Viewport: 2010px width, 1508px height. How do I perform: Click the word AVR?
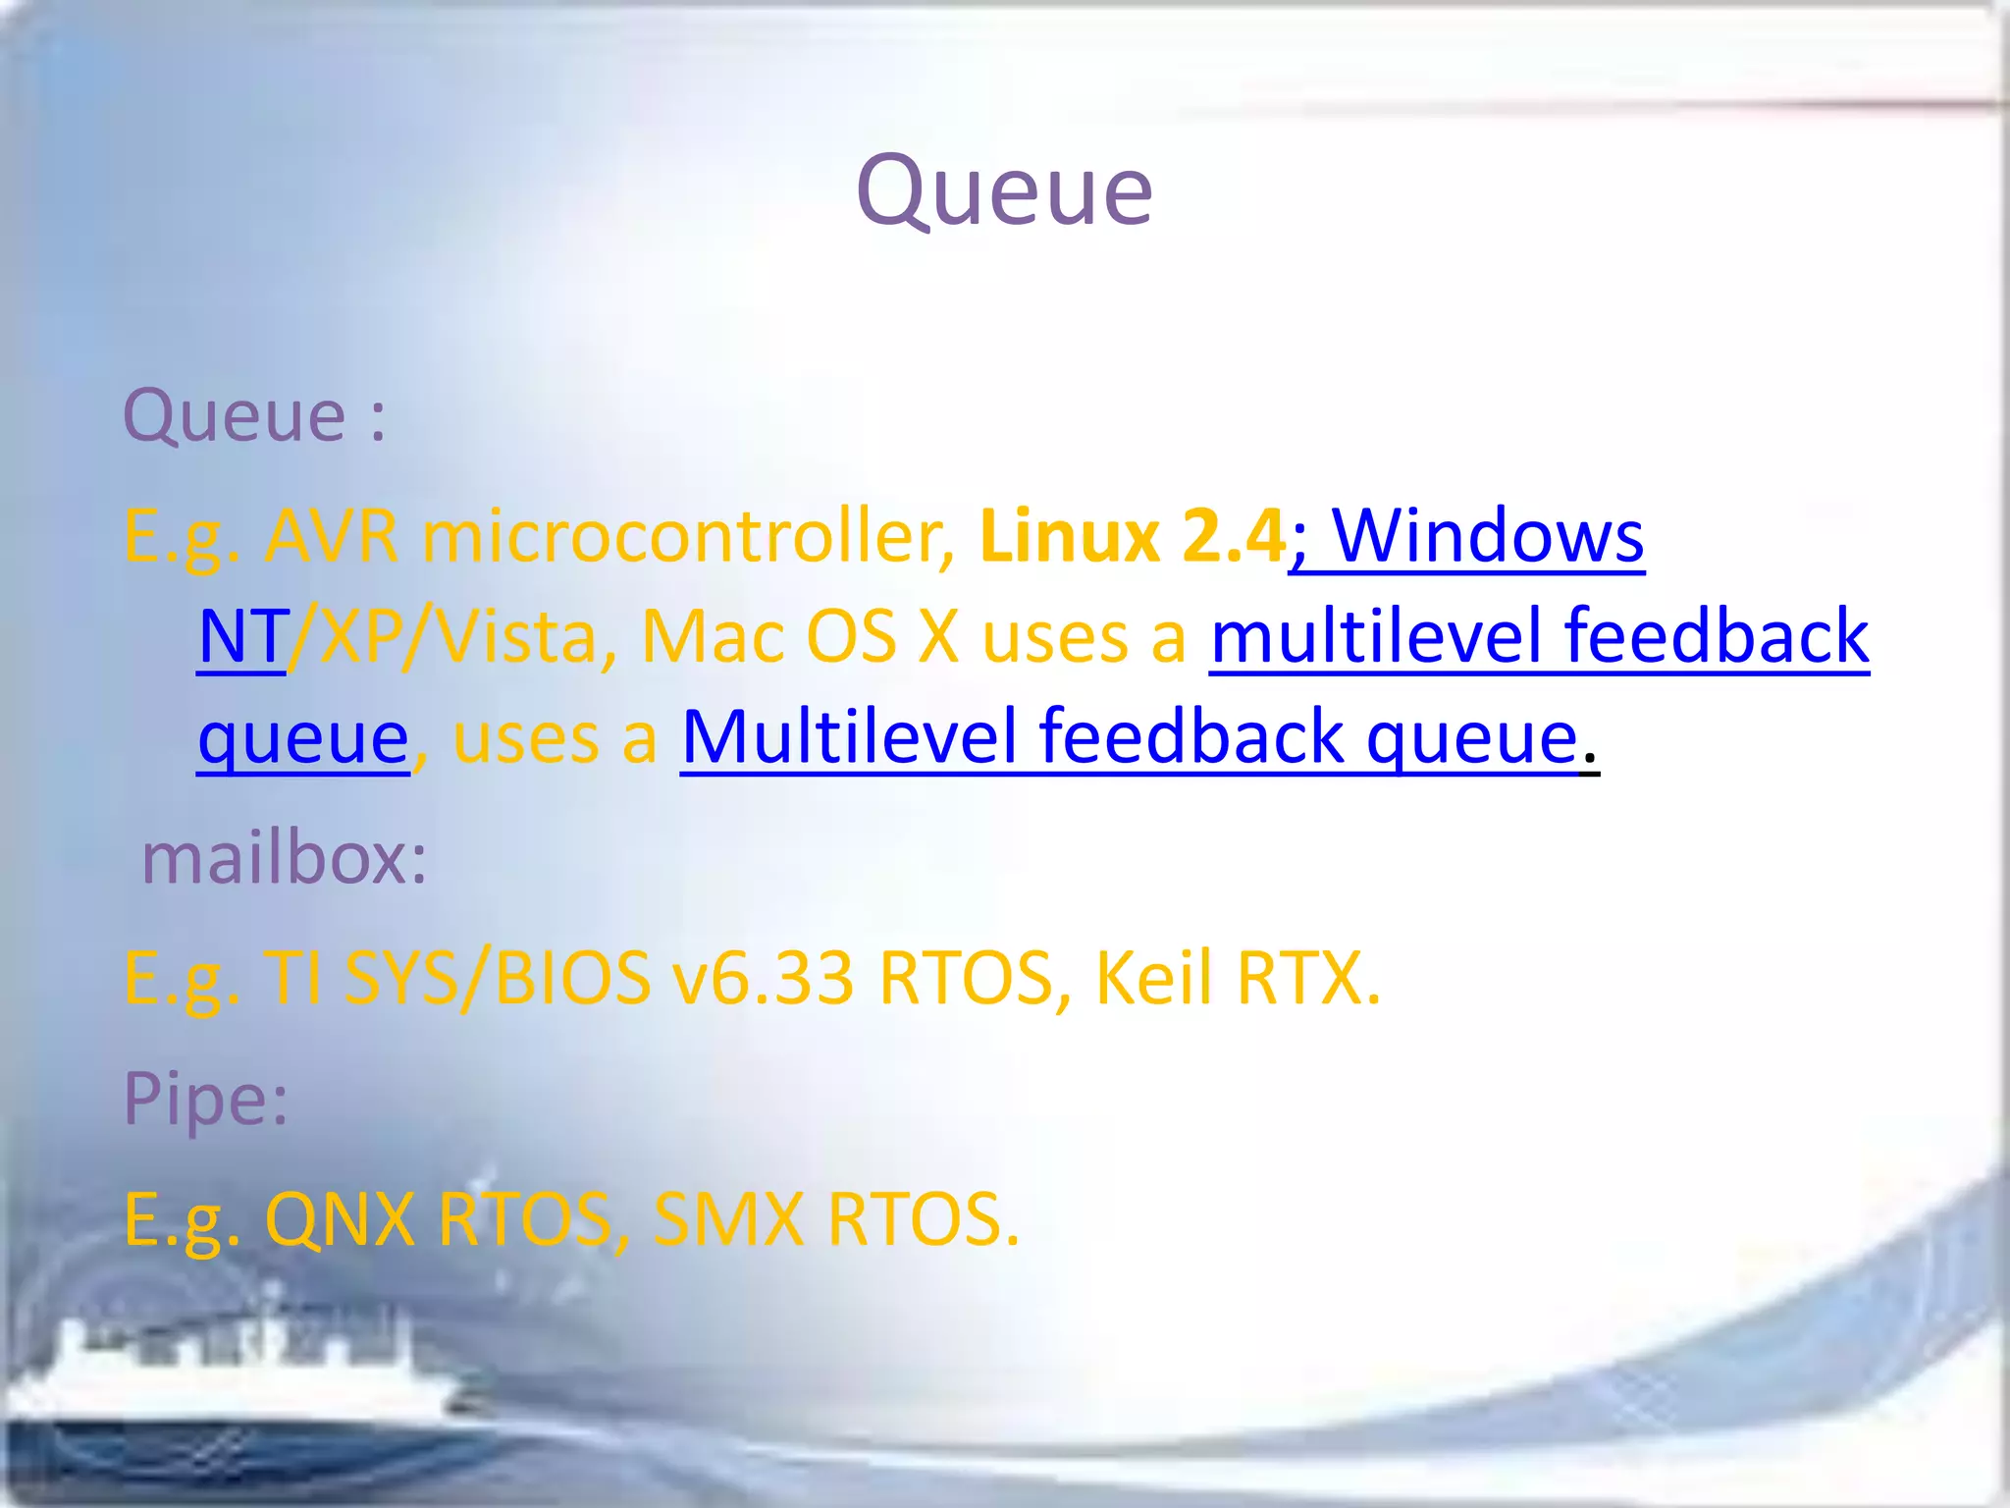coord(332,537)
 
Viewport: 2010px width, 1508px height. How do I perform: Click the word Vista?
coord(517,637)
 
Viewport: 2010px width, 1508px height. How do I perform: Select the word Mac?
coord(713,637)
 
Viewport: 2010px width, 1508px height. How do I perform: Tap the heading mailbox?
coord(285,858)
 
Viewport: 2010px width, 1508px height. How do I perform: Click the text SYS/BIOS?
coord(499,979)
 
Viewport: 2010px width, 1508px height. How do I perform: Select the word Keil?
coord(1154,979)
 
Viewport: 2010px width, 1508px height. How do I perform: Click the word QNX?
coord(340,1220)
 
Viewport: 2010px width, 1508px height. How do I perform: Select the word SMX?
coord(728,1220)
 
